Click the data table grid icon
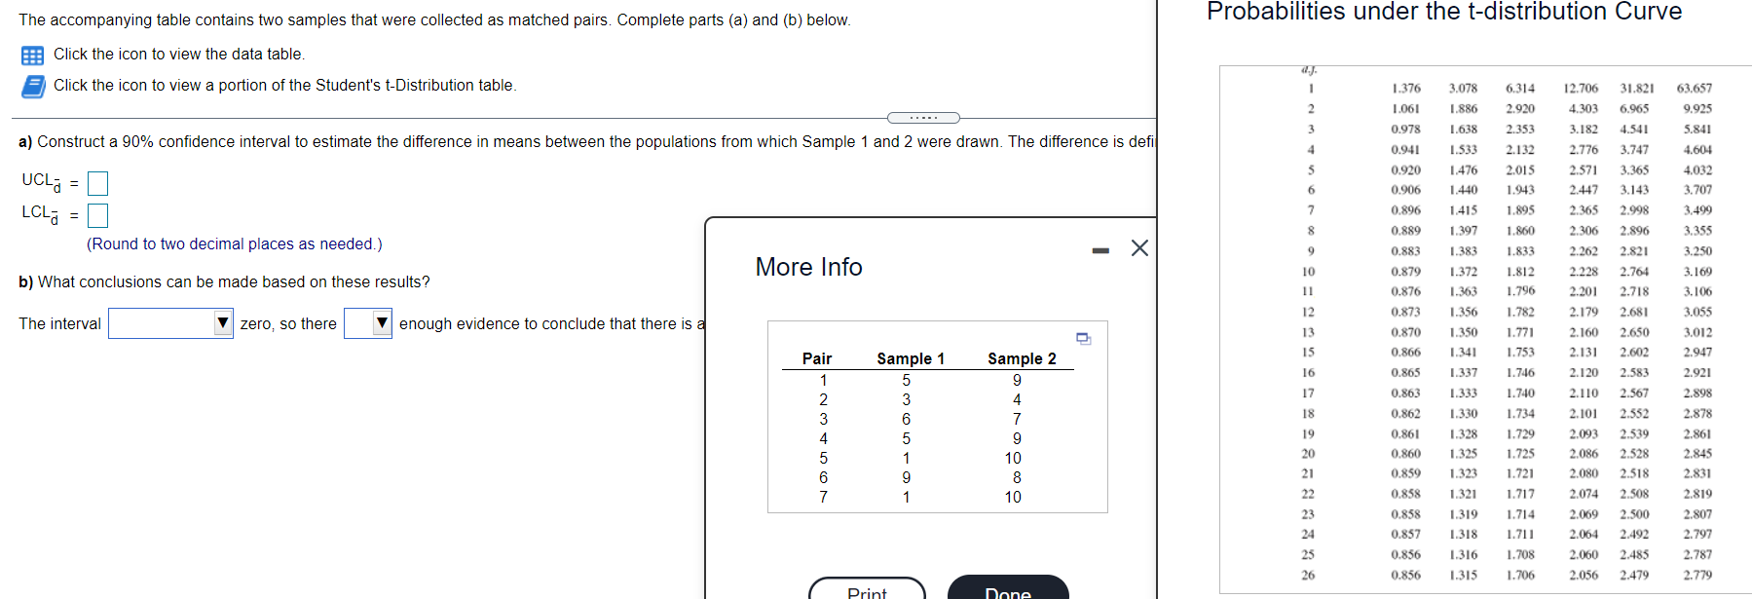pos(32,56)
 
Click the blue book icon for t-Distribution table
pos(33,87)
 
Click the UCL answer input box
pos(97,183)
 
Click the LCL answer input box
pos(97,215)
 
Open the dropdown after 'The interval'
pos(170,323)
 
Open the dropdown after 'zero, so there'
pos(368,323)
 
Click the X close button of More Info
pos(1139,248)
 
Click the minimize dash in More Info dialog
pos(1100,251)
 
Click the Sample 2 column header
pos(1022,358)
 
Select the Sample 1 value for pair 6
pos(907,477)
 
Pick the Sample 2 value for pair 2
pos(1017,399)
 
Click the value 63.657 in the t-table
pos(1695,89)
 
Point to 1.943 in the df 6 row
pos(1520,190)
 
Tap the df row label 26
pos(1308,575)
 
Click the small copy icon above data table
pos(1083,339)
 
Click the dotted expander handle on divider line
pos(923,118)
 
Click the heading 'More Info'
pos(808,267)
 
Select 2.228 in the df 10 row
pos(1583,272)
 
